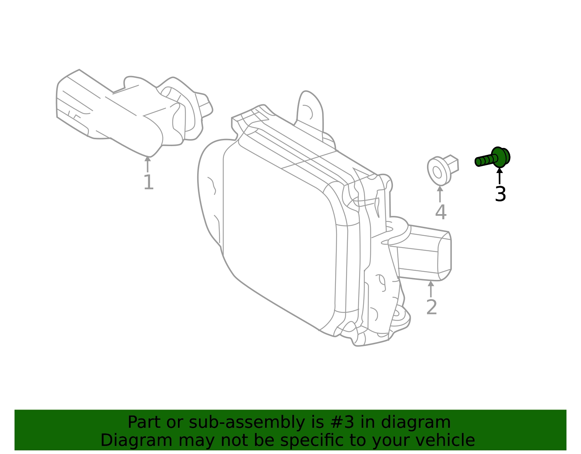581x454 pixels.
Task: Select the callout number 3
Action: point(500,194)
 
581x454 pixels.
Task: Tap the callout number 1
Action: point(148,182)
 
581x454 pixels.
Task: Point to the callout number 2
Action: point(431,308)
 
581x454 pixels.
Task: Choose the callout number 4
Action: point(440,212)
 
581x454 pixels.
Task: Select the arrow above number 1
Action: point(147,164)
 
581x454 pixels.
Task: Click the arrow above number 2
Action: point(431,289)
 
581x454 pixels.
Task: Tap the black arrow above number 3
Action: point(500,176)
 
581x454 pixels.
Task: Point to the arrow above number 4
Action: point(440,194)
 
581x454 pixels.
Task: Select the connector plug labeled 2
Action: point(425,253)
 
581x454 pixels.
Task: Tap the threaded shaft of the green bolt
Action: point(485,160)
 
